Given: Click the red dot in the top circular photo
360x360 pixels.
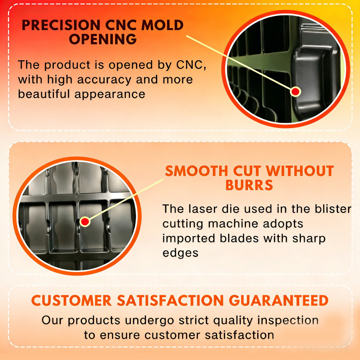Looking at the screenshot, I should (x=296, y=92).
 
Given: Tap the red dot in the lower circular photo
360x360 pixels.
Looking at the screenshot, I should (x=84, y=221).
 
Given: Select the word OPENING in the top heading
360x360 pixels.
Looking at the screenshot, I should (x=102, y=40).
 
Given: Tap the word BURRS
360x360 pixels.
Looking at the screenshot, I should (x=249, y=186).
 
